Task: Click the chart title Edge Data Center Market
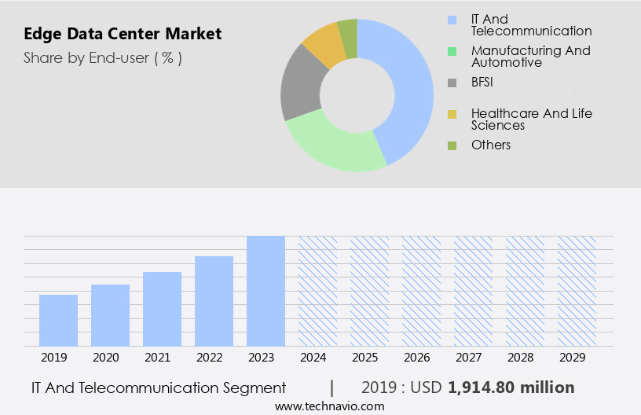(123, 34)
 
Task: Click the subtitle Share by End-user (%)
(103, 57)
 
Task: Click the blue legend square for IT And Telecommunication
(452, 20)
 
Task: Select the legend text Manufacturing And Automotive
(530, 56)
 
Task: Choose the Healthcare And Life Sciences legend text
(531, 119)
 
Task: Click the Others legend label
(490, 145)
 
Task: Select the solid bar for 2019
(58, 320)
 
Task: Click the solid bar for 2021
(162, 309)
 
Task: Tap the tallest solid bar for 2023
(266, 291)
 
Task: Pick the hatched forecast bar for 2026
(421, 291)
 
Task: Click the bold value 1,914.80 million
(511, 387)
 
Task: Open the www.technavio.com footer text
(329, 406)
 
